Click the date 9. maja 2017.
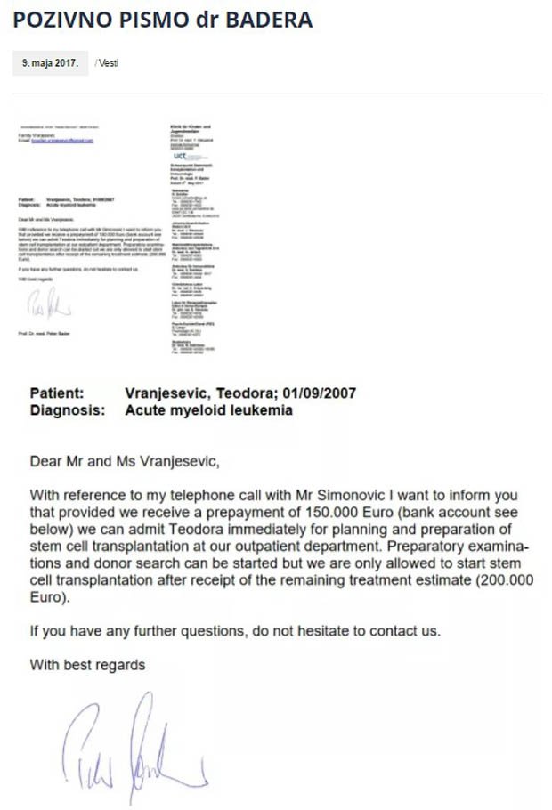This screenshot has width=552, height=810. pyautogui.click(x=51, y=63)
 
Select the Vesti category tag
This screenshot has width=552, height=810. pyautogui.click(x=107, y=63)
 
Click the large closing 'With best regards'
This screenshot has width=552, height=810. pyautogui.click(x=87, y=665)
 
